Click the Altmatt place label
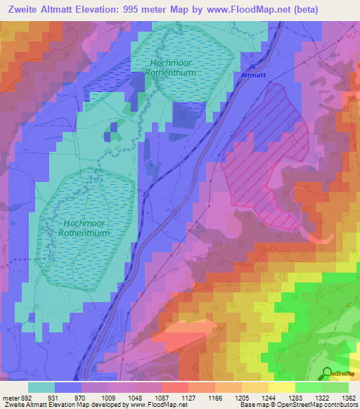coord(254,74)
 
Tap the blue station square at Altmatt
coord(251,81)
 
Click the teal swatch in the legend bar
coord(41,387)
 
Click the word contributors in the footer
coord(339,405)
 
